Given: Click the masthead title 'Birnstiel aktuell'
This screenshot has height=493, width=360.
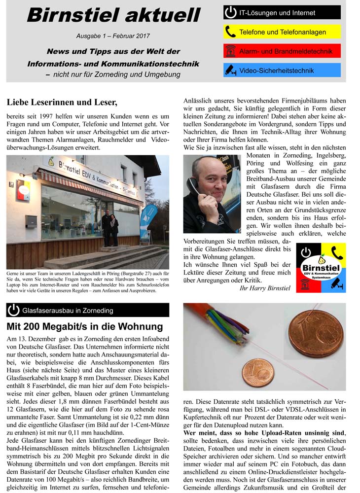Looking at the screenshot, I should pyautogui.click(x=114, y=15).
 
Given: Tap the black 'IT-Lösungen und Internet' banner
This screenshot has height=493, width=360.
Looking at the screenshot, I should pyautogui.click(x=282, y=12).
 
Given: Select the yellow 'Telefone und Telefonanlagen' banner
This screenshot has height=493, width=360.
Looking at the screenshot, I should pyautogui.click(x=282, y=32).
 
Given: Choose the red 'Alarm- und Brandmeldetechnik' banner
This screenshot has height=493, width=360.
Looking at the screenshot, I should pyautogui.click(x=282, y=51).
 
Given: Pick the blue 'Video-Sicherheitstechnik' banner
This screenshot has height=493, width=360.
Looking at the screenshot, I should pyautogui.click(x=282, y=70).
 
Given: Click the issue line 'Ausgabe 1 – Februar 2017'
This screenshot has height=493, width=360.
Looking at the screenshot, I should pyautogui.click(x=113, y=36).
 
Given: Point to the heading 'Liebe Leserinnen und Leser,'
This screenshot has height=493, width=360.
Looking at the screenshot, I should pyautogui.click(x=62, y=103).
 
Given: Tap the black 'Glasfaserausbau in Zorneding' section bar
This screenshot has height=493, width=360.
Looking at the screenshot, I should pyautogui.click(x=88, y=310).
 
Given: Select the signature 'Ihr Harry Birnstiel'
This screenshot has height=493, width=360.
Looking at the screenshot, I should pyautogui.click(x=264, y=288).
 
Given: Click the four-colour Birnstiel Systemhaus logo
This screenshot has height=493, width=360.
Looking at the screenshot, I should pyautogui.click(x=321, y=268).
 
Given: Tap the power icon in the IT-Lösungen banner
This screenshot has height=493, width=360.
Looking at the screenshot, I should pyautogui.click(x=230, y=12).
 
